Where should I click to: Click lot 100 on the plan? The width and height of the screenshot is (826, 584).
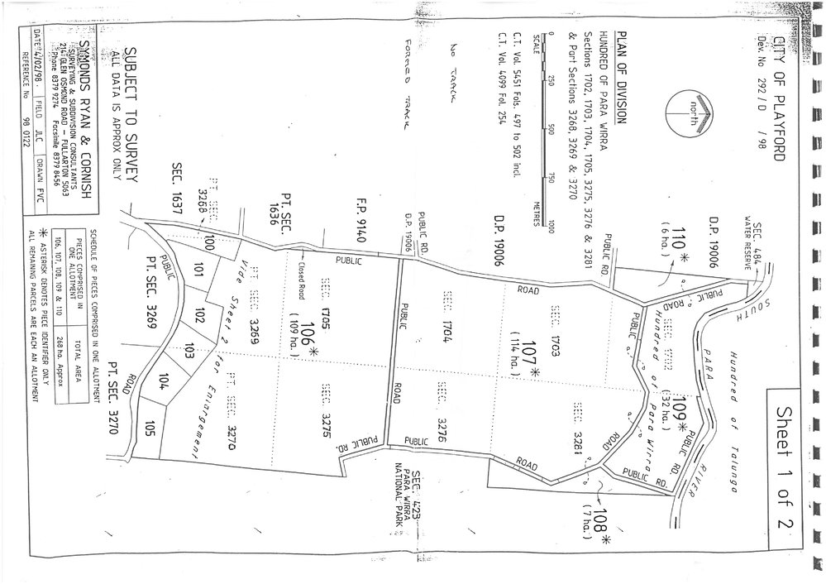click(x=209, y=242)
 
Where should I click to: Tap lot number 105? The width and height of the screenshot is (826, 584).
click(x=150, y=428)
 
